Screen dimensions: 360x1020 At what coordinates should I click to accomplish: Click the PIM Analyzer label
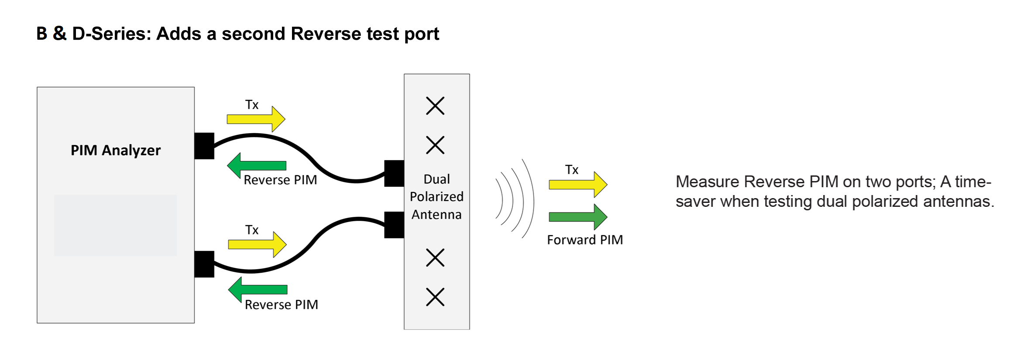pyautogui.click(x=116, y=150)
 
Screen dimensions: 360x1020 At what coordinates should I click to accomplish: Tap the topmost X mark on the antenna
pyautogui.click(x=435, y=106)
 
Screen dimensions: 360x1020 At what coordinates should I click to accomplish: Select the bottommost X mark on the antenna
pyautogui.click(x=435, y=297)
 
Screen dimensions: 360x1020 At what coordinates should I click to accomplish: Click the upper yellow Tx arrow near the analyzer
pyautogui.click(x=256, y=119)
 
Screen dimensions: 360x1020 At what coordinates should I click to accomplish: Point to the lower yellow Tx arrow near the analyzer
pyautogui.click(x=257, y=244)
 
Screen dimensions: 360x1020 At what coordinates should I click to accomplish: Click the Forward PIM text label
pyautogui.click(x=585, y=240)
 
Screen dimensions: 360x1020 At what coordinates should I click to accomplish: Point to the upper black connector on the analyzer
pyautogui.click(x=204, y=146)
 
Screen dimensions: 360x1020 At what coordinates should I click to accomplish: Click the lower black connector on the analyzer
pyautogui.click(x=204, y=264)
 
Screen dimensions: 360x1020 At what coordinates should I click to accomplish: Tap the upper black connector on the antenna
pyautogui.click(x=394, y=173)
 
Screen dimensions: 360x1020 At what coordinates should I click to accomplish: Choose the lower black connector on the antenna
pyautogui.click(x=394, y=225)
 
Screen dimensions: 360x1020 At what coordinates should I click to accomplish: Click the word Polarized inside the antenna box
pyautogui.click(x=436, y=197)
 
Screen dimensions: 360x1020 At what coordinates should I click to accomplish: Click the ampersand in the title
pyautogui.click(x=59, y=34)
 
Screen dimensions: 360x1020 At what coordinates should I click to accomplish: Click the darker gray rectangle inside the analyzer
pyautogui.click(x=115, y=225)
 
